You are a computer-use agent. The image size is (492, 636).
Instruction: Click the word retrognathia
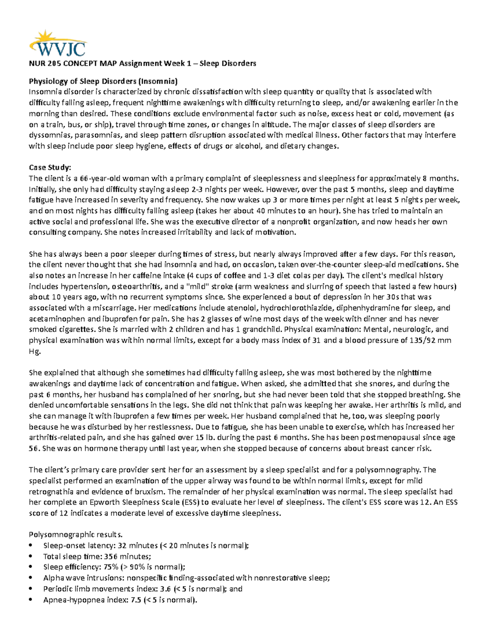click(x=53, y=491)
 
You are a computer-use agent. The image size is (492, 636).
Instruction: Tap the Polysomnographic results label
click(x=75, y=534)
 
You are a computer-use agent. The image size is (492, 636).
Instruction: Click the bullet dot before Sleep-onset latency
click(x=31, y=545)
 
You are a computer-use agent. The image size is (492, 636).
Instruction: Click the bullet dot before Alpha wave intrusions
click(x=31, y=578)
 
